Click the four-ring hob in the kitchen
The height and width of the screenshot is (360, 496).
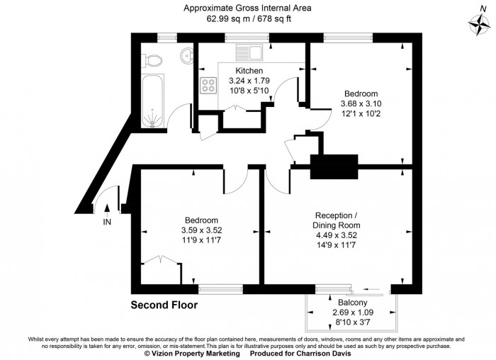tap(210, 86)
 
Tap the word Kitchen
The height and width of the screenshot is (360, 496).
tap(249, 71)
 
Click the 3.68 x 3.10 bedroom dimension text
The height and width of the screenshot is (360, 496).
tap(361, 103)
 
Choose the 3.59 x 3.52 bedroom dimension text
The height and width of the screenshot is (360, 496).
tap(201, 230)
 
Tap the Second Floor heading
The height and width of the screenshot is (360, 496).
tap(164, 305)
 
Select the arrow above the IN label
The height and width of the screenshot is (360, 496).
tap(107, 208)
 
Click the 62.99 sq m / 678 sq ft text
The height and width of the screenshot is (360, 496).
tap(247, 19)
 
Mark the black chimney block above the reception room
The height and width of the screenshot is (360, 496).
tap(334, 168)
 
